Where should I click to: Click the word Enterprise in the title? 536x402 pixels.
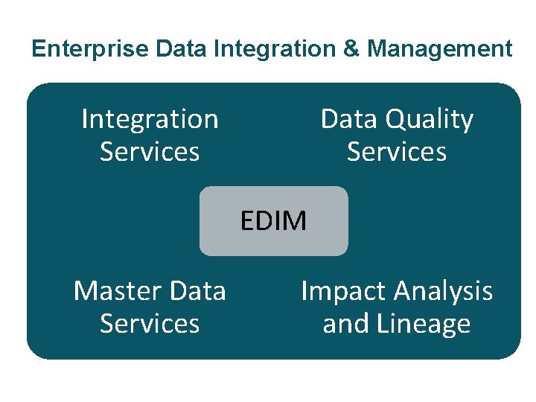point(92,49)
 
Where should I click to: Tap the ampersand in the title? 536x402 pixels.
point(354,49)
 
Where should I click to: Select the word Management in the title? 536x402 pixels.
point(439,49)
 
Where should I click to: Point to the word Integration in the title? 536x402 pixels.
point(277,49)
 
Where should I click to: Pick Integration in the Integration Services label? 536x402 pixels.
point(150,119)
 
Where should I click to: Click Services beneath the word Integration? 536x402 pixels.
point(150,152)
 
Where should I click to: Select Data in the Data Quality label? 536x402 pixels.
point(346,119)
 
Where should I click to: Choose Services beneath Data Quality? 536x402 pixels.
point(397,152)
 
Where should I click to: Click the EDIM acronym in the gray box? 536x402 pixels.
point(273,221)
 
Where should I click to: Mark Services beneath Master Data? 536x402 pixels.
point(150,324)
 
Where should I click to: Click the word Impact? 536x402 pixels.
point(344,291)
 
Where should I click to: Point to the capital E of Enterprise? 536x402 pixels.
point(38,49)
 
